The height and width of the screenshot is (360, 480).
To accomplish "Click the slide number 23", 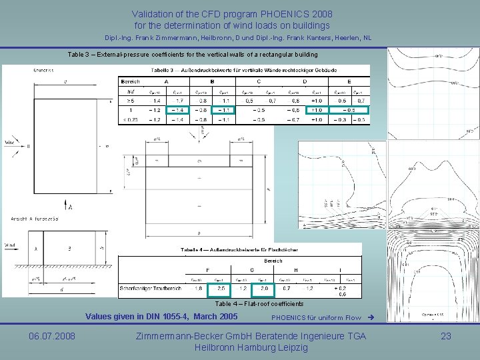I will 446,336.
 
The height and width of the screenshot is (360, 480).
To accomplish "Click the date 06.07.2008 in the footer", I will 52,336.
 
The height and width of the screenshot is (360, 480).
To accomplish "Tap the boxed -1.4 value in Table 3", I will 177,109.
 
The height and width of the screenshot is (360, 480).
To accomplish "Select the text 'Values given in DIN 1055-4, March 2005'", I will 161,316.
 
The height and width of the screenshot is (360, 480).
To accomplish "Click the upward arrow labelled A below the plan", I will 65,203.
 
